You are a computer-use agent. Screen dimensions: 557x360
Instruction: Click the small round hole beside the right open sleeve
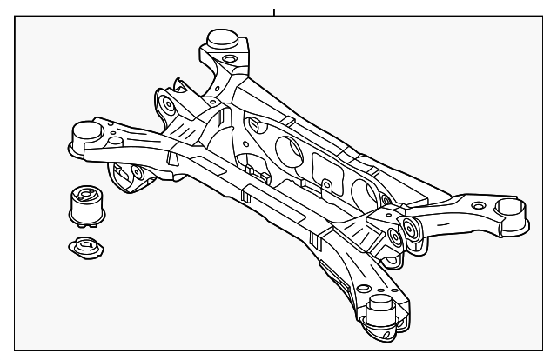[x=477, y=204]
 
